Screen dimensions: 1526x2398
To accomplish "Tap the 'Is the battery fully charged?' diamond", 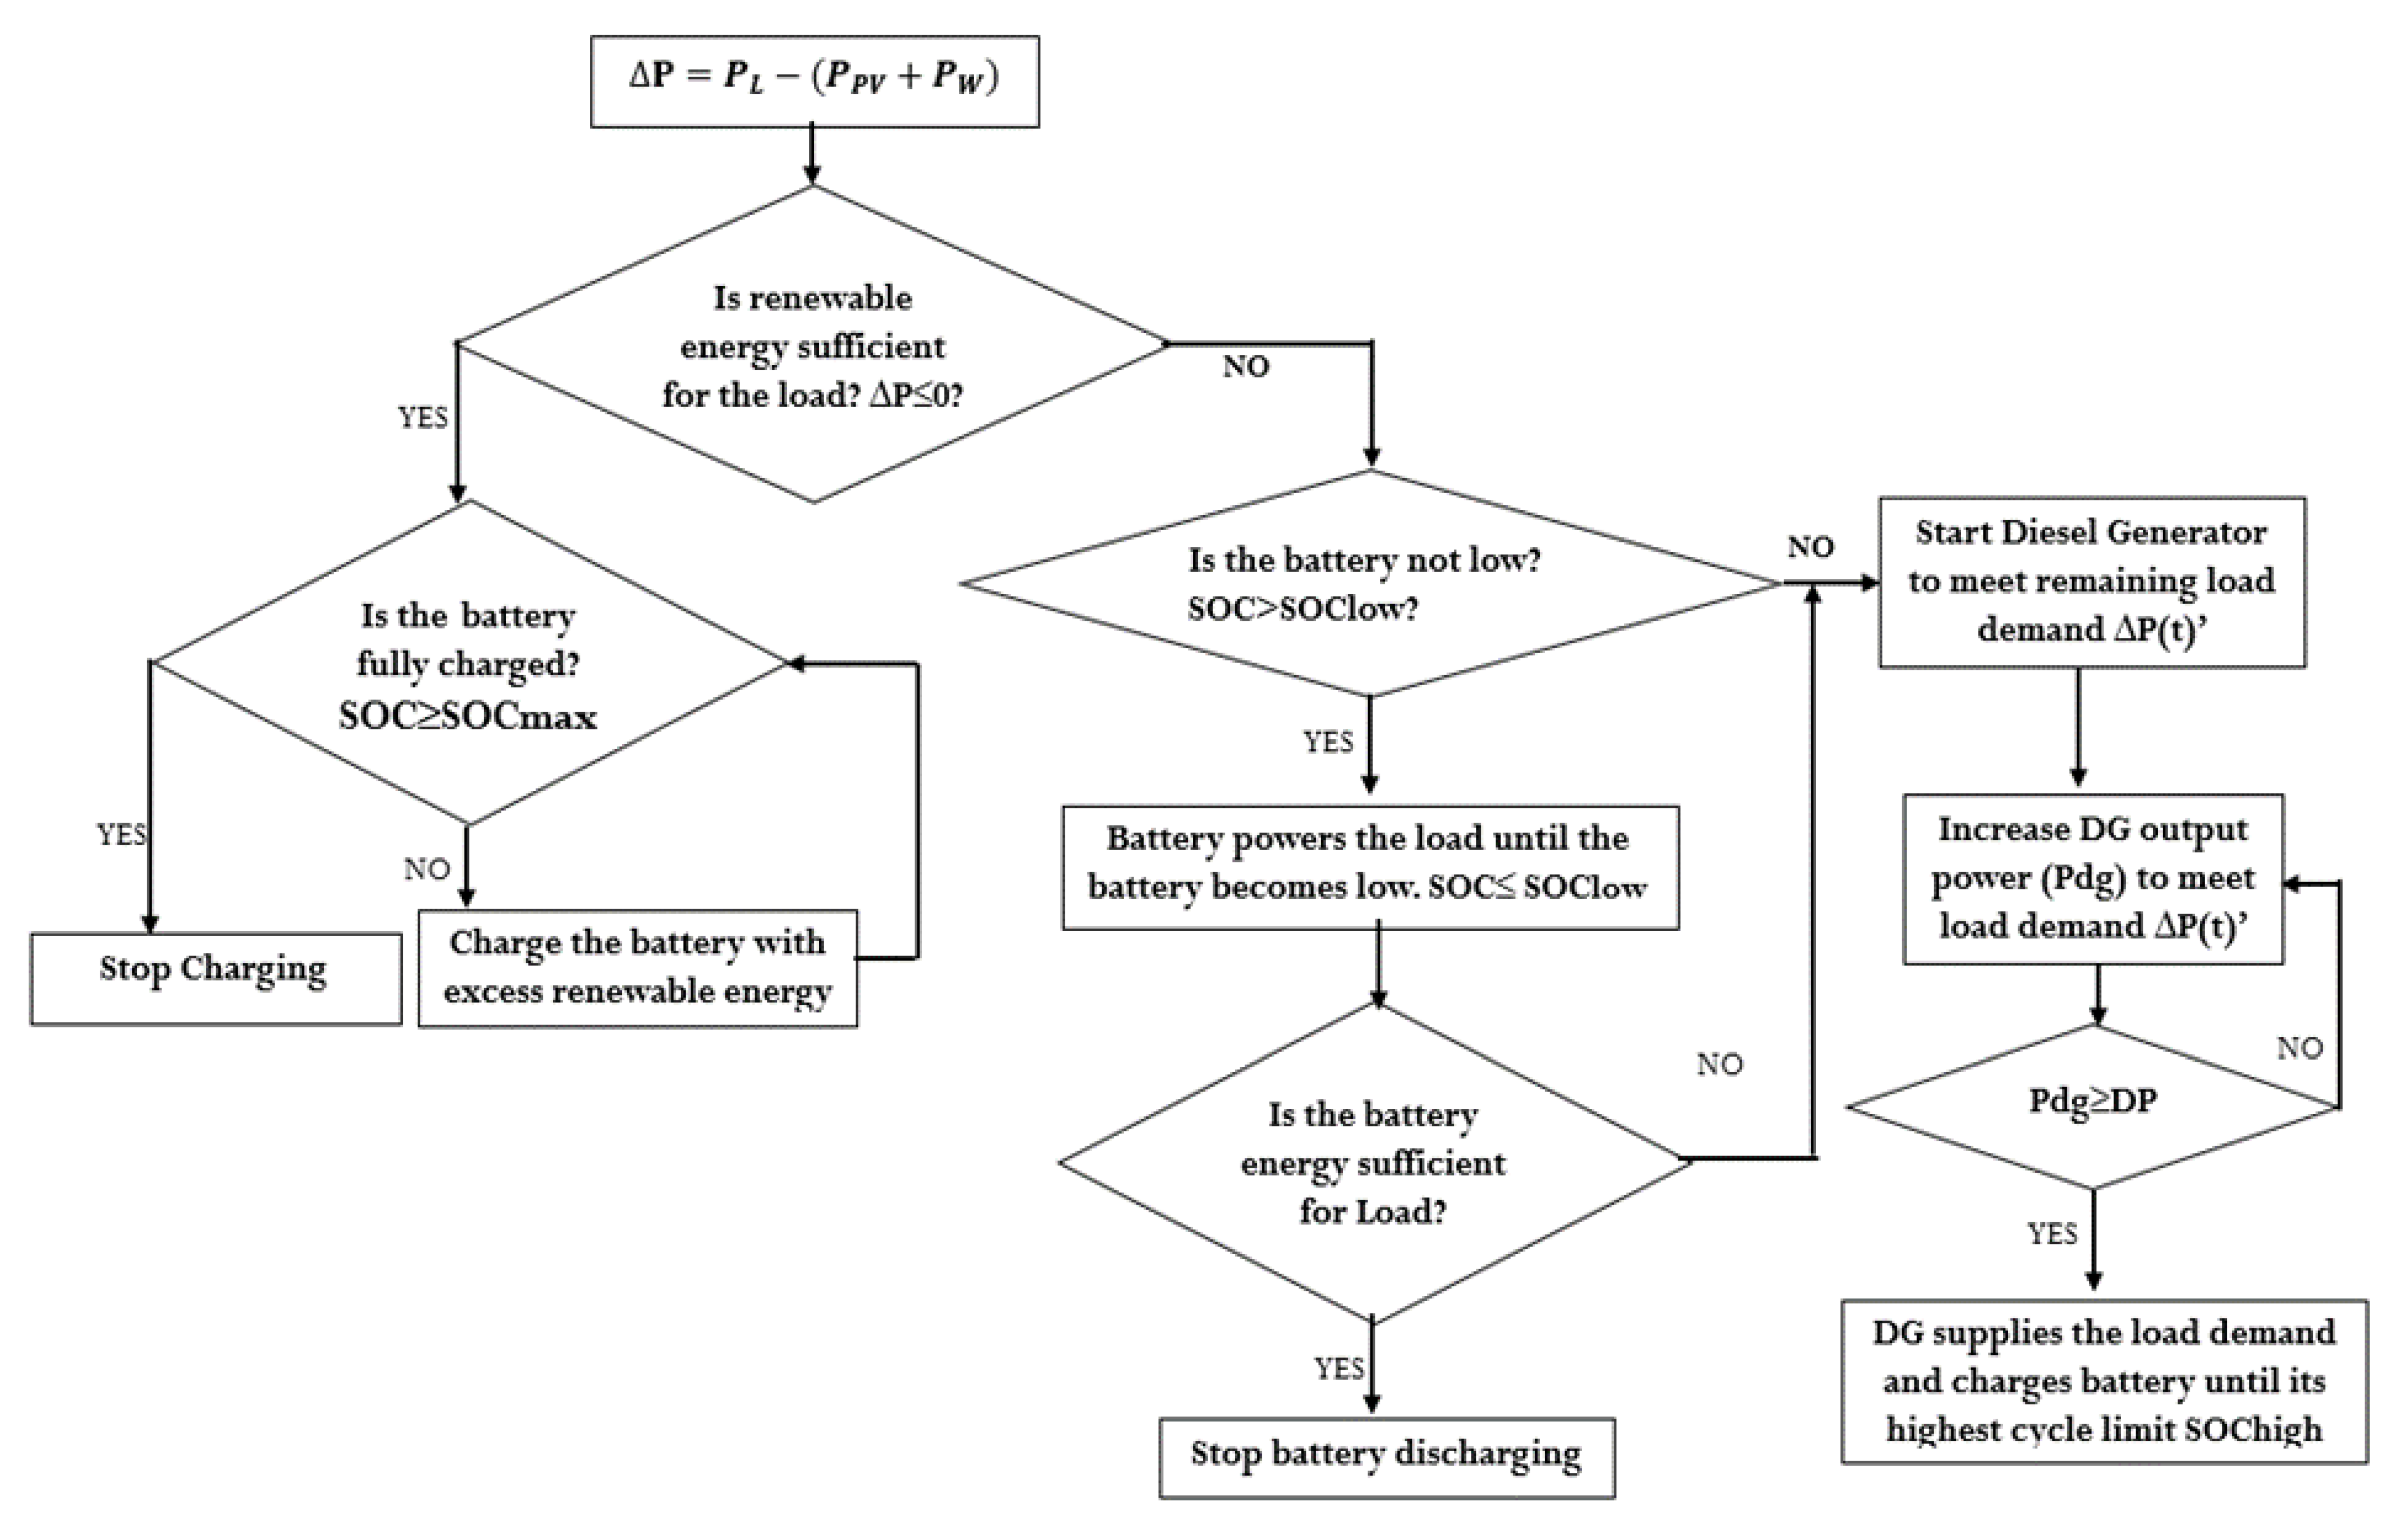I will click(x=468, y=663).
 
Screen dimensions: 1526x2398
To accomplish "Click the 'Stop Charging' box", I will click(x=215, y=977).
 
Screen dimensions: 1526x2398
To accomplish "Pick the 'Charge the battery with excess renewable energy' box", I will click(x=637, y=967).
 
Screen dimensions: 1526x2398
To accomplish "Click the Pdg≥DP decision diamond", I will click(x=2092, y=1104).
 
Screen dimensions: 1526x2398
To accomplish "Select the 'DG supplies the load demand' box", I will click(x=2103, y=1382).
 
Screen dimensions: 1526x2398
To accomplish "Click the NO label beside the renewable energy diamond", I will click(x=1246, y=367).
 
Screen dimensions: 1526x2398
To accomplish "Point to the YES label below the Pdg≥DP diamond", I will click(x=2052, y=1234).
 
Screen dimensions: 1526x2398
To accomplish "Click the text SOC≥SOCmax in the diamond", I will click(x=468, y=716).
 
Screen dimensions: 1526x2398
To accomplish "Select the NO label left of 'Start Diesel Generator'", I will click(x=1809, y=547).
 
